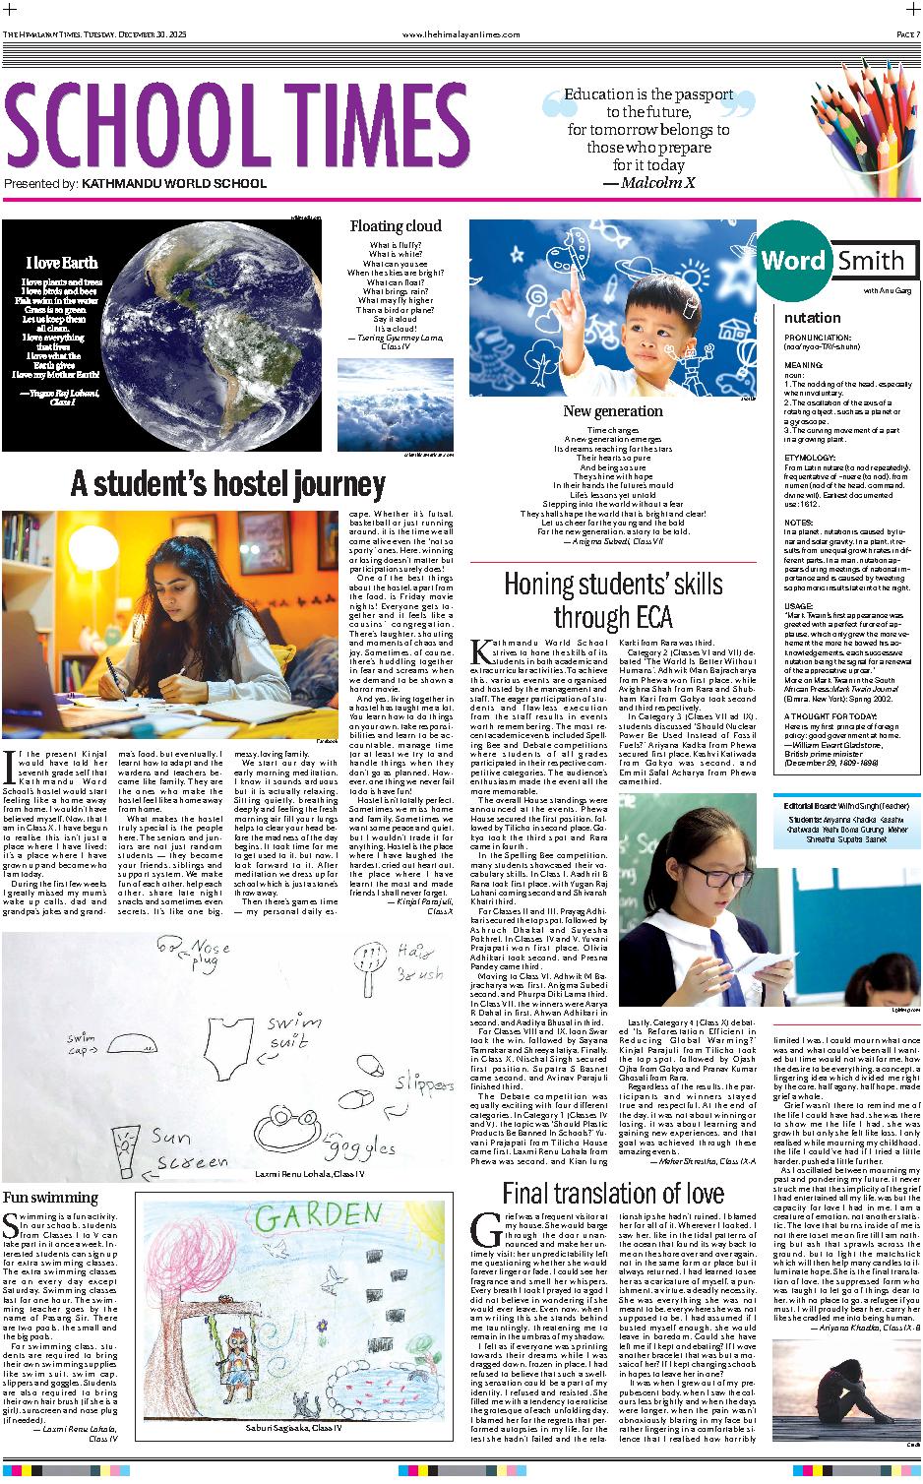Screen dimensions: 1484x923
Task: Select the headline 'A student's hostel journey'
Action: click(x=227, y=484)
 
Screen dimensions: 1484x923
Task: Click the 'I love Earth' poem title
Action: click(x=62, y=263)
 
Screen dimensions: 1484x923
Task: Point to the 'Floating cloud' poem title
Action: click(x=396, y=226)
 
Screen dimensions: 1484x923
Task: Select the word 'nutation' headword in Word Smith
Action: click(x=812, y=318)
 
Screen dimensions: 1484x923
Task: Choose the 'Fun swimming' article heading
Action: click(x=50, y=1198)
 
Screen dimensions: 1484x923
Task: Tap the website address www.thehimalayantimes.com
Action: click(x=461, y=34)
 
